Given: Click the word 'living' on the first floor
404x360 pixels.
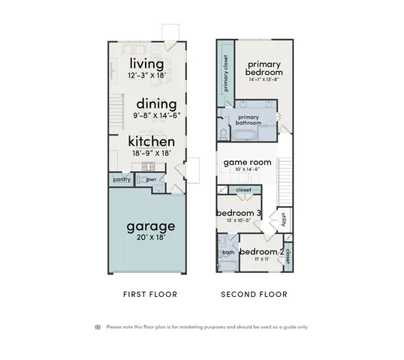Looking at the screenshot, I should point(147,62).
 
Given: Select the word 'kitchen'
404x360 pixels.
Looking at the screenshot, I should point(151,141).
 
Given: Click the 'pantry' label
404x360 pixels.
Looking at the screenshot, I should point(122,179).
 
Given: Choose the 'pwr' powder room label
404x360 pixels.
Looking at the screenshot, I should point(150,179).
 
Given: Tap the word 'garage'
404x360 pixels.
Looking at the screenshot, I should point(150,225).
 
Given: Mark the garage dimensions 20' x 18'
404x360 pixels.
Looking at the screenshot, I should point(150,237).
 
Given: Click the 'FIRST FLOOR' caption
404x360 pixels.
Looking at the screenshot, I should point(150,295).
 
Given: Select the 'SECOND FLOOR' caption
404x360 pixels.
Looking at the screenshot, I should point(254,295).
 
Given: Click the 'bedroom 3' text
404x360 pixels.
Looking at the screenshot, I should point(239,213).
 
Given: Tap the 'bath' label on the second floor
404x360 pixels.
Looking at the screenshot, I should point(227,253).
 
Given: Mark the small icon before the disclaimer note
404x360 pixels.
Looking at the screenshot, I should point(98,327).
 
